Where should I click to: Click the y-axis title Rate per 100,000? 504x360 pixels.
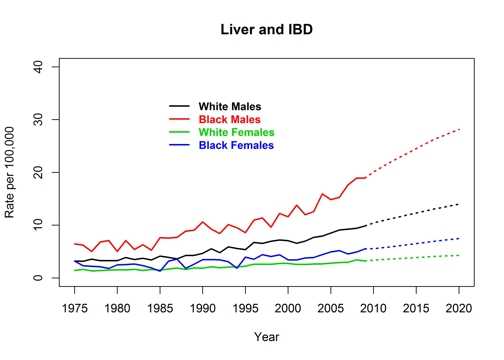(x=11, y=171)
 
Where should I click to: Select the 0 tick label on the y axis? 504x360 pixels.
(x=40, y=278)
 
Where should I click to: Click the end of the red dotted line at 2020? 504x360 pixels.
(x=458, y=129)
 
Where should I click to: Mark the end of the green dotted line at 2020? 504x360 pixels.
(x=458, y=255)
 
